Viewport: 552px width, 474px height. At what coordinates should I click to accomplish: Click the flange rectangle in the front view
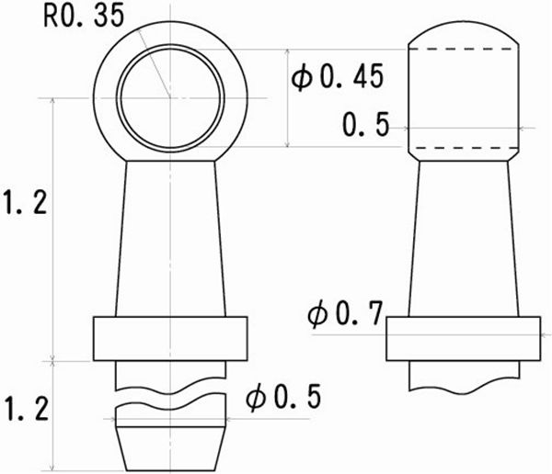(x=170, y=337)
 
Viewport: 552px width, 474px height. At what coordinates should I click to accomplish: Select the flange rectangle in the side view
(x=463, y=338)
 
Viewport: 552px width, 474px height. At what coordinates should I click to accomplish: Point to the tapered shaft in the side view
(x=463, y=239)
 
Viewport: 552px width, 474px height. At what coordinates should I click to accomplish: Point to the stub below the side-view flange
(x=463, y=374)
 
